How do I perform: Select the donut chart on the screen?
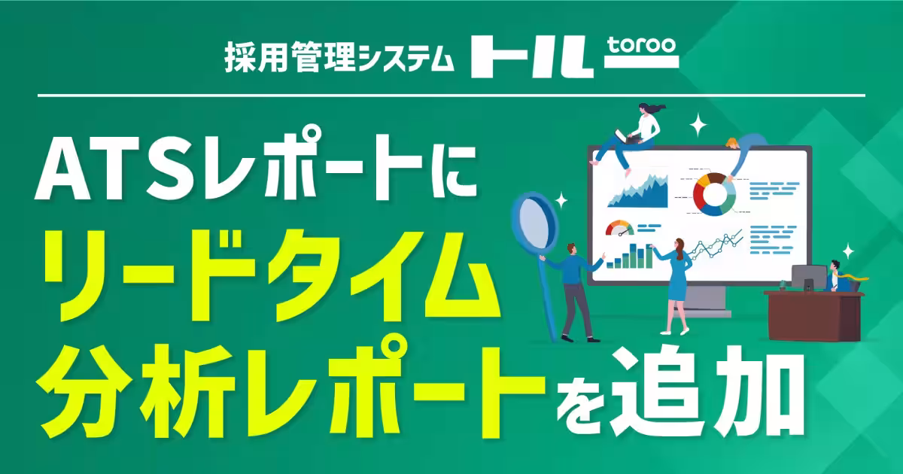pyautogui.click(x=714, y=193)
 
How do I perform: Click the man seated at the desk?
pyautogui.click(x=835, y=275)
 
